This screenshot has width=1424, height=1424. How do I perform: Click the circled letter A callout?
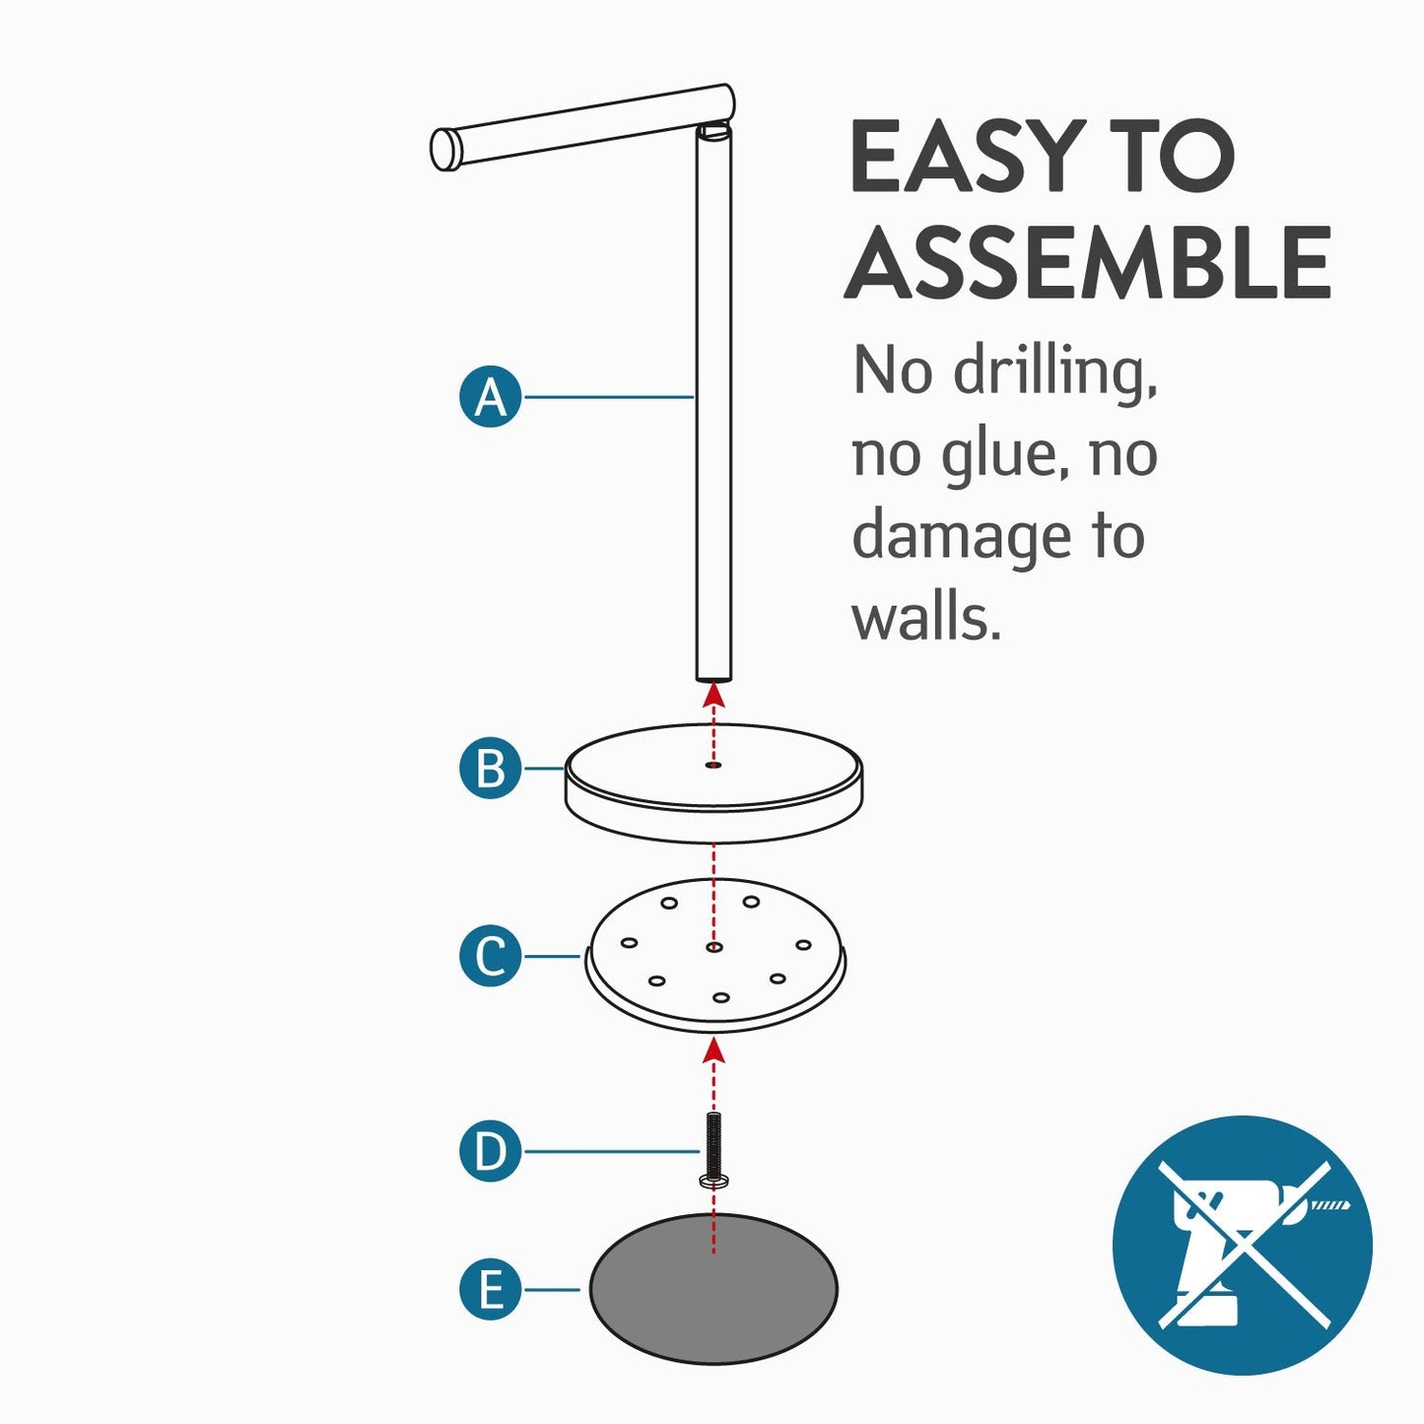click(491, 397)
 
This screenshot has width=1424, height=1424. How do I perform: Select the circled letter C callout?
click(491, 956)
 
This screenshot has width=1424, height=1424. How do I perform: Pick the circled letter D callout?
click(491, 1151)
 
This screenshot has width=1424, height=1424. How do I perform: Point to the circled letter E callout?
click(491, 1290)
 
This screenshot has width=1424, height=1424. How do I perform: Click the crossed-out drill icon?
click(1243, 1245)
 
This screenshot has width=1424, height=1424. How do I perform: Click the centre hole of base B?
click(713, 766)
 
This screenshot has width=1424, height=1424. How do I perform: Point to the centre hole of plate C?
click(713, 947)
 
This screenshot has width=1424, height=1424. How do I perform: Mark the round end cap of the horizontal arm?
click(442, 149)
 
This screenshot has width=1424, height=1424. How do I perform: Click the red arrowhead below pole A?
click(713, 695)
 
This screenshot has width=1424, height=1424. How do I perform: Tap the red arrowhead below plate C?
click(713, 1051)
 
